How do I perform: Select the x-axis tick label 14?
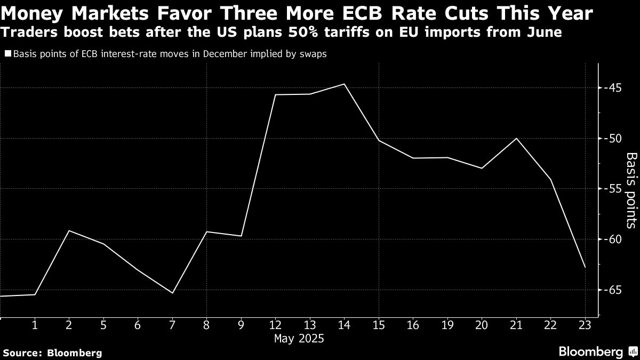click(x=344, y=325)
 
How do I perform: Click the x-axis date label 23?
click(x=585, y=325)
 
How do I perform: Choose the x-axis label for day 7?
click(x=172, y=325)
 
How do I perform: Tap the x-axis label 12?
click(x=275, y=325)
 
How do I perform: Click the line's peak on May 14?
click(x=345, y=84)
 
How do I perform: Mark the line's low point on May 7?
click(x=173, y=293)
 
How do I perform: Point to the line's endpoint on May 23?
click(x=585, y=267)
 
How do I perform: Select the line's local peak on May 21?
click(x=516, y=139)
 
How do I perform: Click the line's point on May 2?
click(x=69, y=230)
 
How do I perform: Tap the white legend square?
click(x=8, y=54)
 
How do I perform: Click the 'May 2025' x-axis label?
click(x=299, y=339)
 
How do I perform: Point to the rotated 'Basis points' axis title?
click(x=631, y=190)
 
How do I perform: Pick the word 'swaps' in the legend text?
click(x=313, y=54)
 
